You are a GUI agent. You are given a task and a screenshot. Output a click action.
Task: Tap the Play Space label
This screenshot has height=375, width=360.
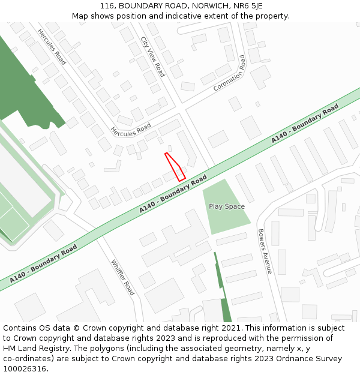pos(227,206)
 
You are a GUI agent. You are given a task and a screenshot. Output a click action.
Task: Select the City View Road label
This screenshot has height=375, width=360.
pos(152,56)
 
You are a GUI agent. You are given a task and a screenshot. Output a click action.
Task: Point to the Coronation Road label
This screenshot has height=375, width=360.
pos(230,73)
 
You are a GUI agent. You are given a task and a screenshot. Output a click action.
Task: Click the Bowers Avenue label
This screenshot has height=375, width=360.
pos(265,251)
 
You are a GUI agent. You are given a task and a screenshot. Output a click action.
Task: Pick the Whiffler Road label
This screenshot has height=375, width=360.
pos(123,277)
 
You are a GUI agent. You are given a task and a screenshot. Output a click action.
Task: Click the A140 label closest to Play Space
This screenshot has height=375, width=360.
pos(173,194)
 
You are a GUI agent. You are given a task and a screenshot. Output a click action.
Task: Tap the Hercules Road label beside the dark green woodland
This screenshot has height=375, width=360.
pos(51,46)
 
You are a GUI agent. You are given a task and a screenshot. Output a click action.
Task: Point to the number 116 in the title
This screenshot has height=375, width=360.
pos(107,6)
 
